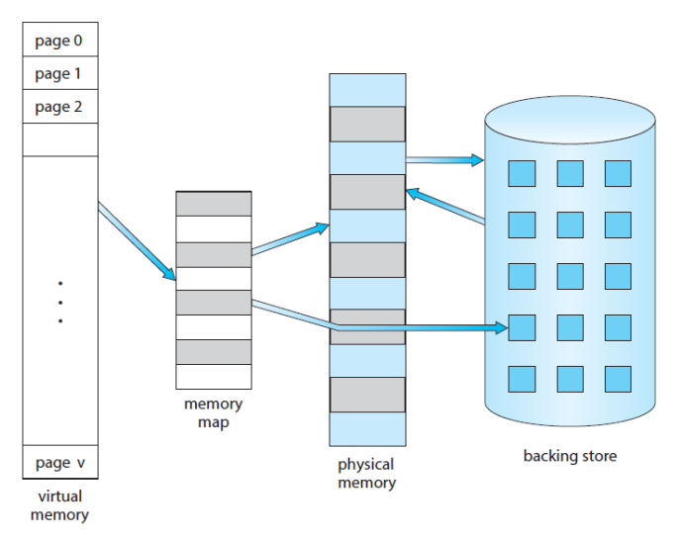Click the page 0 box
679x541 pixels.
tap(59, 41)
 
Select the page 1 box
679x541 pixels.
tap(59, 74)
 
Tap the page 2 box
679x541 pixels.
tap(59, 107)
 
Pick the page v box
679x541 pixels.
tap(59, 462)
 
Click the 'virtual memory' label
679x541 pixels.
tap(60, 506)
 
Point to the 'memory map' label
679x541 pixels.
tap(213, 412)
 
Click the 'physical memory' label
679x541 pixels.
tap(366, 474)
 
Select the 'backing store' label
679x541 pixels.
tap(569, 456)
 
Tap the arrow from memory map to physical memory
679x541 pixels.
tap(289, 240)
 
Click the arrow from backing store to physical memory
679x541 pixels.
tap(445, 205)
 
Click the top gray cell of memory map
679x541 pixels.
tap(213, 204)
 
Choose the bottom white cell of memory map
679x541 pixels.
tap(213, 377)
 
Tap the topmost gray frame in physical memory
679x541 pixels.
tap(367, 124)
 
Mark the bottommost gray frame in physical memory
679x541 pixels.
tap(367, 395)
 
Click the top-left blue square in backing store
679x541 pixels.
tap(522, 173)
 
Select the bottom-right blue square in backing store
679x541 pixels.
tap(618, 379)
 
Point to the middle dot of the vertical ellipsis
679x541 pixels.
tap(60, 302)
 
